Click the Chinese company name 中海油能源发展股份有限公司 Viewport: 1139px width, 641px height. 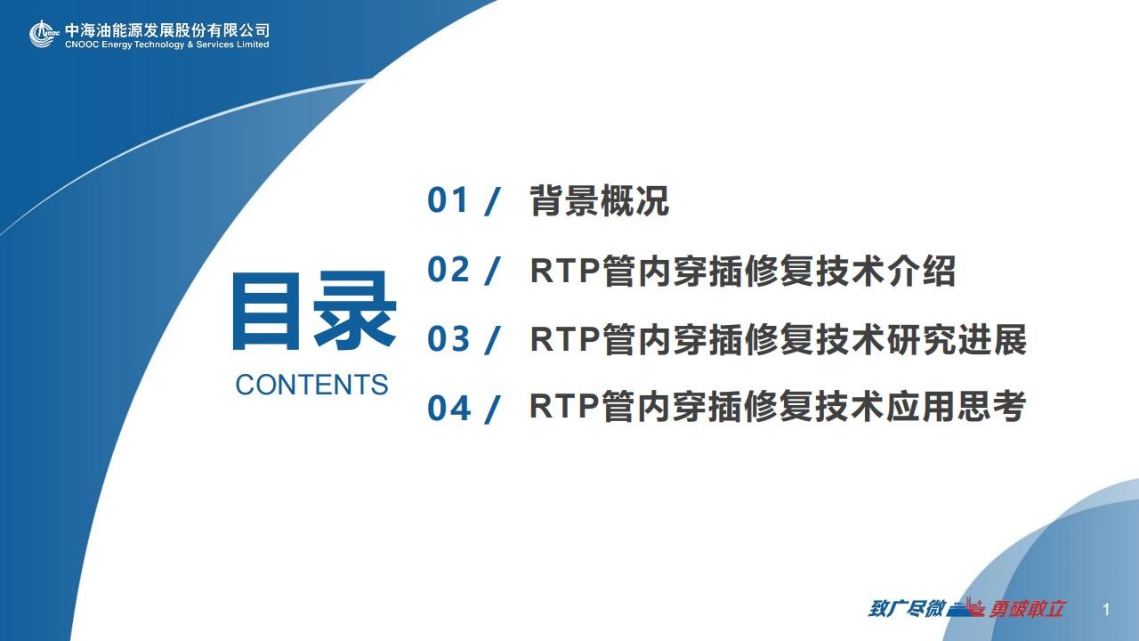tap(167, 30)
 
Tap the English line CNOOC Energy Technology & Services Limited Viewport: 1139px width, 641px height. tap(166, 45)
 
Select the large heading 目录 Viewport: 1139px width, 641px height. tap(314, 311)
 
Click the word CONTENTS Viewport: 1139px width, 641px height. tap(311, 385)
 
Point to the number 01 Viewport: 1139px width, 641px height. tap(448, 200)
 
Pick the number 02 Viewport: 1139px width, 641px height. tap(448, 269)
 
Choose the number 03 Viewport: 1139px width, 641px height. tap(448, 339)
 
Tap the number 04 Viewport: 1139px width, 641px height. tap(448, 408)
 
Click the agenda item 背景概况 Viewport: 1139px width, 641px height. tap(600, 200)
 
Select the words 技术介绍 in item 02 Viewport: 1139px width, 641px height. tap(885, 270)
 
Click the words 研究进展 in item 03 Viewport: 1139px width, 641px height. tap(957, 339)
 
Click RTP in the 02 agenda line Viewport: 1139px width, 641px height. tap(565, 270)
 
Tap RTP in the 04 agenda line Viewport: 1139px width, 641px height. tap(564, 406)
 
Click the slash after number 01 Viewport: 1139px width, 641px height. tap(492, 201)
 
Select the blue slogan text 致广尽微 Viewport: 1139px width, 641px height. tap(906, 608)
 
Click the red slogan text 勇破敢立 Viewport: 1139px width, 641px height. tap(1026, 608)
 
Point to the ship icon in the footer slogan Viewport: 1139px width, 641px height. tap(966, 607)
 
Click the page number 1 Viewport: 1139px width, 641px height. tap(1106, 610)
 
